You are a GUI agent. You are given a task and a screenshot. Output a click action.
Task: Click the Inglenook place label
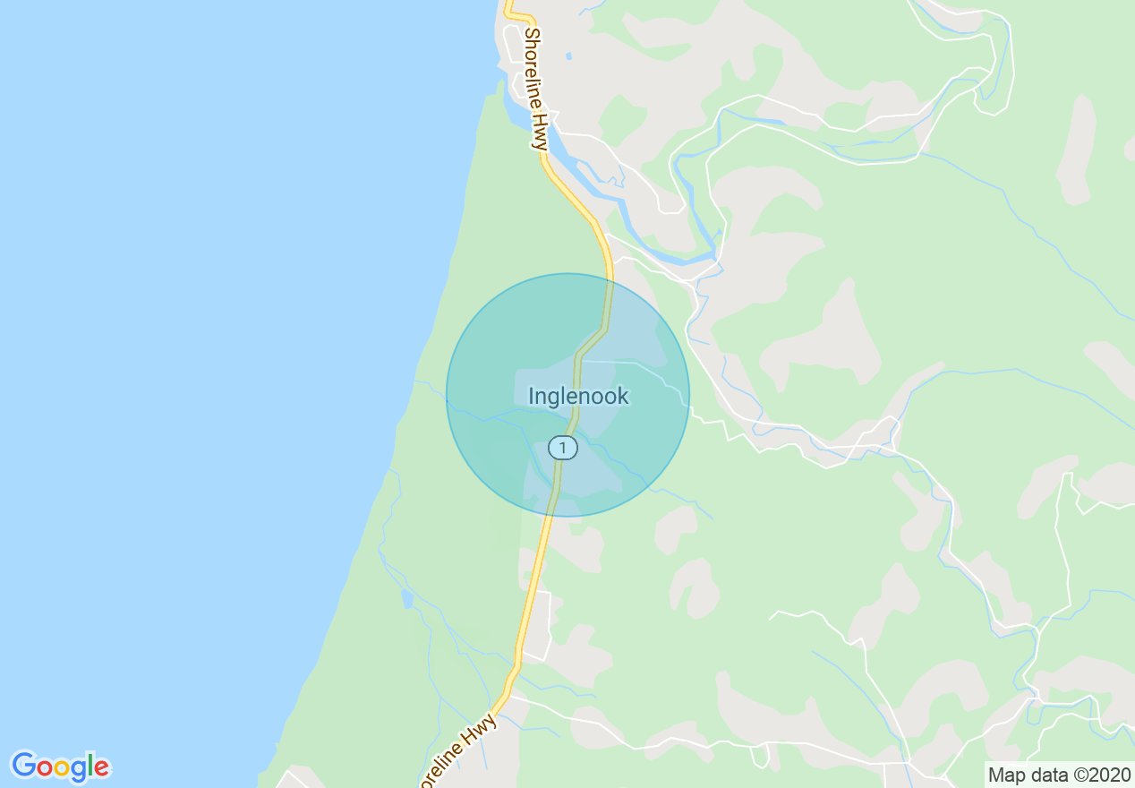click(x=578, y=396)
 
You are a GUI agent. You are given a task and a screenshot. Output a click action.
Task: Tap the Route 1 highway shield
click(x=562, y=447)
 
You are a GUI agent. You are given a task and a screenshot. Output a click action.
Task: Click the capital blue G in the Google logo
click(x=23, y=766)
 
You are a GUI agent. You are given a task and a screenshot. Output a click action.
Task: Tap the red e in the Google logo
click(x=101, y=767)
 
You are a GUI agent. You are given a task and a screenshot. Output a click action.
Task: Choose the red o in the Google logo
click(x=45, y=767)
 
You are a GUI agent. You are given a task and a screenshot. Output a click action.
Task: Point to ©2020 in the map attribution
click(x=1105, y=775)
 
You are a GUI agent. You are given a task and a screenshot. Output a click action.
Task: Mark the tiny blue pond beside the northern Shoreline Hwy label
click(x=568, y=56)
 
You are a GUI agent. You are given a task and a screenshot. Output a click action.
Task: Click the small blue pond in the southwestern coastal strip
click(x=408, y=598)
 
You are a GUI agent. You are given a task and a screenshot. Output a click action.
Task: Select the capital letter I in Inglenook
click(x=531, y=396)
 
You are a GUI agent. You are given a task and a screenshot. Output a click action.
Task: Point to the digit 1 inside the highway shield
click(x=562, y=447)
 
